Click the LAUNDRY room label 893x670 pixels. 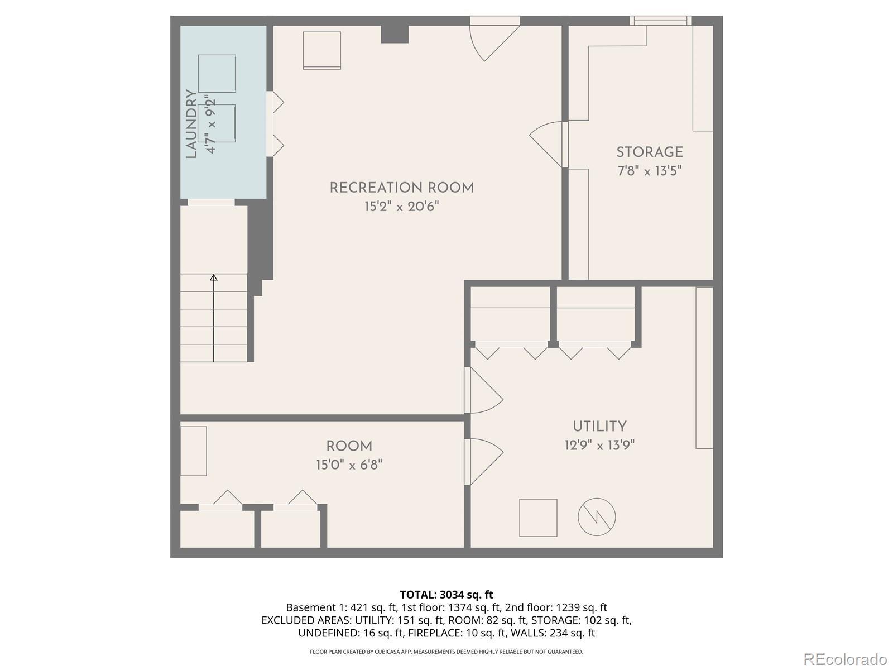click(x=191, y=123)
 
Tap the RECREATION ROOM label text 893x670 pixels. click(x=401, y=188)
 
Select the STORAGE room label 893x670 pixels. click(x=649, y=152)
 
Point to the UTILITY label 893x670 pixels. click(x=599, y=427)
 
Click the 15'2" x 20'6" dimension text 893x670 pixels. click(x=401, y=206)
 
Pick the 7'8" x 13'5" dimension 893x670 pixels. click(x=649, y=170)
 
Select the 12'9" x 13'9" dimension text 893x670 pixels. click(x=599, y=445)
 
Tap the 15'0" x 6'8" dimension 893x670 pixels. click(x=349, y=465)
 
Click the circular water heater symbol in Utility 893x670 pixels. click(x=597, y=517)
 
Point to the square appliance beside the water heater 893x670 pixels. click(x=538, y=518)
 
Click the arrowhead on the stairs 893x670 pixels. click(x=214, y=277)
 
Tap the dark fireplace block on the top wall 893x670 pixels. click(x=394, y=34)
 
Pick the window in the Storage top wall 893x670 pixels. click(x=660, y=21)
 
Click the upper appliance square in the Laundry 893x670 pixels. click(x=217, y=73)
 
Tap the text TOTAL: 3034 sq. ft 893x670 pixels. click(x=446, y=595)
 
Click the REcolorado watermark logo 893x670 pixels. click(x=845, y=659)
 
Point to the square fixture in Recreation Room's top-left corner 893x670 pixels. click(x=322, y=50)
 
